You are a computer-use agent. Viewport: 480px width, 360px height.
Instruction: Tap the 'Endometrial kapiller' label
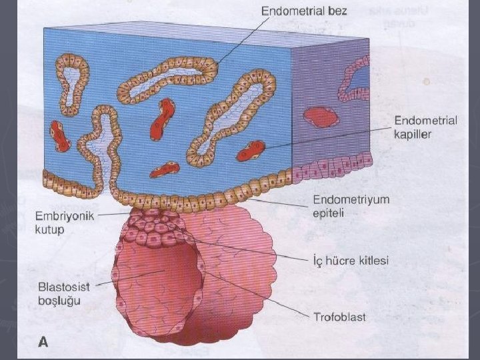click(x=425, y=127)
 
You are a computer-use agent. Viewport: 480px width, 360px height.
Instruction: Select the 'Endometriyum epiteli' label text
click(x=351, y=206)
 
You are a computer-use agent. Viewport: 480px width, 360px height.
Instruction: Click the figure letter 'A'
click(x=43, y=343)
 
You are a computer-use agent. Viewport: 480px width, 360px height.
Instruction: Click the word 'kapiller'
click(x=413, y=134)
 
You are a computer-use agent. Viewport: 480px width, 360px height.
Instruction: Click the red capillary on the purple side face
click(x=318, y=117)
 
